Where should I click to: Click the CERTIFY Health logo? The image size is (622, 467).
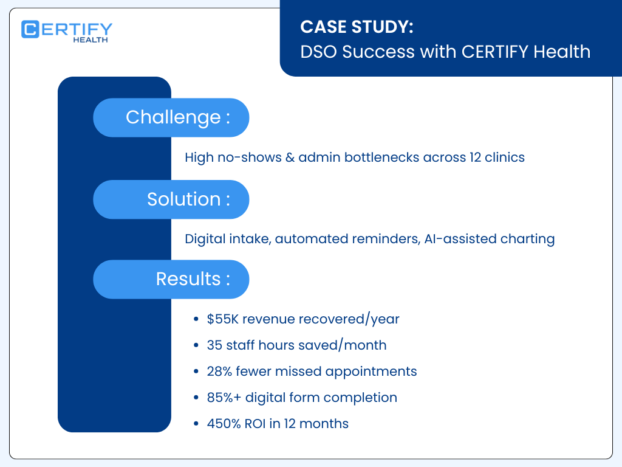tap(67, 31)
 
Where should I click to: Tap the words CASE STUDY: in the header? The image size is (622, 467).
tap(357, 27)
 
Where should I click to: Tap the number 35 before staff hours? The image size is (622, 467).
tap(214, 345)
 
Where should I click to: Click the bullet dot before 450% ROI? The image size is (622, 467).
tap(195, 424)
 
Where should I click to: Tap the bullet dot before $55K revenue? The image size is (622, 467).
tap(195, 319)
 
